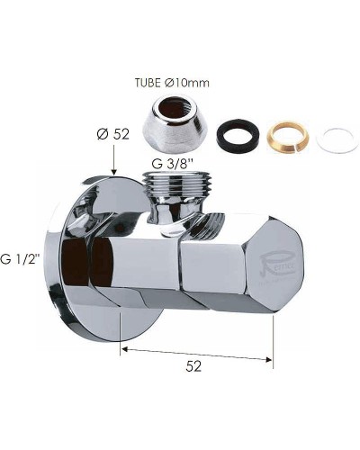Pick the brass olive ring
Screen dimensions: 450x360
pyautogui.click(x=287, y=133)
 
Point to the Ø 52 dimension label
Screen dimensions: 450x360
pyautogui.click(x=113, y=135)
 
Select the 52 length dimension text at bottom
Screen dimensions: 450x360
pyautogui.click(x=193, y=367)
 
